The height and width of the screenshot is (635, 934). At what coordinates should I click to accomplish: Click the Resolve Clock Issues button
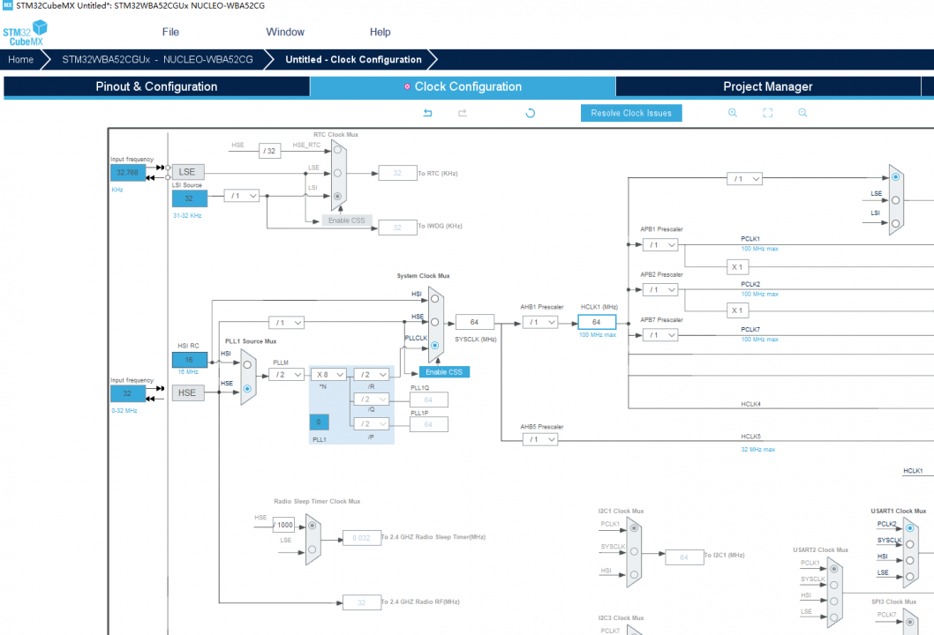[631, 113]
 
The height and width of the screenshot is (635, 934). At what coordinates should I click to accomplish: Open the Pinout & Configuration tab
[156, 86]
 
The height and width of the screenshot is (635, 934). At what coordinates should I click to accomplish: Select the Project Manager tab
[767, 86]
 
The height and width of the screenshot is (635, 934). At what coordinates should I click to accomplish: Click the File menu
[170, 32]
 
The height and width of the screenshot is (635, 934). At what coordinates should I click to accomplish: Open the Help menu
[380, 32]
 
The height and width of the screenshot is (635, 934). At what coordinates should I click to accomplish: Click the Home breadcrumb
[21, 60]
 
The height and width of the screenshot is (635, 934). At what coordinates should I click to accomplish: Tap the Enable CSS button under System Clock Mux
[444, 372]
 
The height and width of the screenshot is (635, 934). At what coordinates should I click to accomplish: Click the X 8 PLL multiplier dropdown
[330, 374]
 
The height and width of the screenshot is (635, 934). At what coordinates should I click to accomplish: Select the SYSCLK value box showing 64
[474, 322]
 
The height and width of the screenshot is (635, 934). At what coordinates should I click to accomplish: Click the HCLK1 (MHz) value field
[596, 322]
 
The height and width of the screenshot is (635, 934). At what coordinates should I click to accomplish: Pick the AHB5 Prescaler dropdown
[539, 438]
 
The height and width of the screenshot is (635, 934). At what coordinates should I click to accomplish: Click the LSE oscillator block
[187, 172]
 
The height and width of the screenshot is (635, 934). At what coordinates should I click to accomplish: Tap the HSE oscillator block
[187, 392]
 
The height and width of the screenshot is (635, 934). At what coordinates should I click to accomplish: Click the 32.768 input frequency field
[128, 173]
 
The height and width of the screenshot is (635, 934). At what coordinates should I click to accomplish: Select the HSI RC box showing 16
[189, 360]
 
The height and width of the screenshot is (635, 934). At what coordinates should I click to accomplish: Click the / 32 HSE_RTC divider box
[270, 151]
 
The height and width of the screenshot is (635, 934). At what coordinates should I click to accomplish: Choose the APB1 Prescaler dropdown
[660, 244]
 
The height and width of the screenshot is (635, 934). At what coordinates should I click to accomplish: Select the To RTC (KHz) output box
[396, 174]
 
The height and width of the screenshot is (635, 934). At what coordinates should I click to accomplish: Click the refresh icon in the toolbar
[530, 113]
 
